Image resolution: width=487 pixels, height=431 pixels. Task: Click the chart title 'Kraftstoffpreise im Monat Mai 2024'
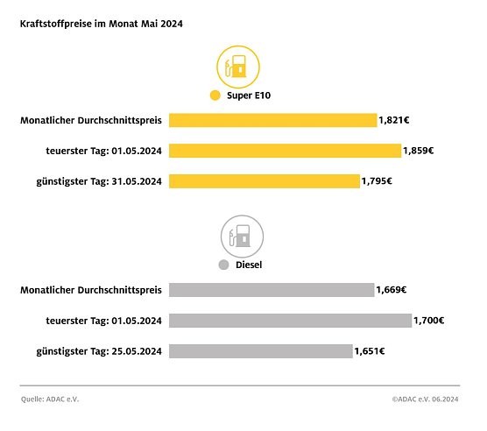pos(102,24)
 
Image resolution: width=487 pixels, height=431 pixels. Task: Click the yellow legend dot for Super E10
pos(214,95)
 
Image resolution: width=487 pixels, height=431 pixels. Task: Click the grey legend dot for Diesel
pos(223,265)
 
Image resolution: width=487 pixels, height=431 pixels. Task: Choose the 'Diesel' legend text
pos(251,265)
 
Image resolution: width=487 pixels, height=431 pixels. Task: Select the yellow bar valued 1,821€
pos(272,120)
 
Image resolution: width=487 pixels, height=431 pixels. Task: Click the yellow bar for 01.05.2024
pos(285,151)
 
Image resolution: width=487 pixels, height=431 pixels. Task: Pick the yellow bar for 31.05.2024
pos(264,181)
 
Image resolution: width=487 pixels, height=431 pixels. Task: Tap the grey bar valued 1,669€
pos(272,290)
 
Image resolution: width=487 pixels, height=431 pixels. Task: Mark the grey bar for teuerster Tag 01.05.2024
pos(290,321)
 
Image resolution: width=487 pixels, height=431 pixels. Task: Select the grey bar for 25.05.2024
pos(260,351)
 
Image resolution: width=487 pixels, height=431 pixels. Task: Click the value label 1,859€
pos(419,151)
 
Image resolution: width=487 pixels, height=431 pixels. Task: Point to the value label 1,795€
pos(377,181)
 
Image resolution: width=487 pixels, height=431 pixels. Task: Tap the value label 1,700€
pos(429,321)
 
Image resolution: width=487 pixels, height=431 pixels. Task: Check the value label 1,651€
pos(370,351)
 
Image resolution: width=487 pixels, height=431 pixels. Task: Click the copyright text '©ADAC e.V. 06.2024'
pos(426,399)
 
